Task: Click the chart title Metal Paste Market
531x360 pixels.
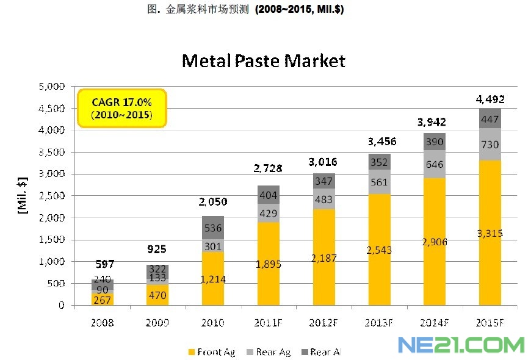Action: [263, 61]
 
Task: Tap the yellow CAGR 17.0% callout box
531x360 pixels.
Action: [121, 108]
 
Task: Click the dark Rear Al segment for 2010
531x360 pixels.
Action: [213, 228]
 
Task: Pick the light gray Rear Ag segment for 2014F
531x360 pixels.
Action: [435, 164]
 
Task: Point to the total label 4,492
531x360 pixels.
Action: [491, 99]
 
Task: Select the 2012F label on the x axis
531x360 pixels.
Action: [323, 322]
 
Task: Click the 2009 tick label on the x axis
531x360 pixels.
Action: [157, 322]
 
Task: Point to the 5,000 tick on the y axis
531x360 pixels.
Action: [52, 87]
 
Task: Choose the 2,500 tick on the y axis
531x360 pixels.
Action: [52, 196]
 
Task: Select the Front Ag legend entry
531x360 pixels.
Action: [213, 352]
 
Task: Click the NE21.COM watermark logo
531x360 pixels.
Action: [461, 345]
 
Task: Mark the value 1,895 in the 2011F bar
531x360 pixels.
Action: [269, 264]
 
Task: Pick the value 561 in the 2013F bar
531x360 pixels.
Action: [380, 182]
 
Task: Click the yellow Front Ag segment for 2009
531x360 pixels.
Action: [157, 295]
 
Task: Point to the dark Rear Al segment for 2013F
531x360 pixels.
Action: [380, 162]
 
